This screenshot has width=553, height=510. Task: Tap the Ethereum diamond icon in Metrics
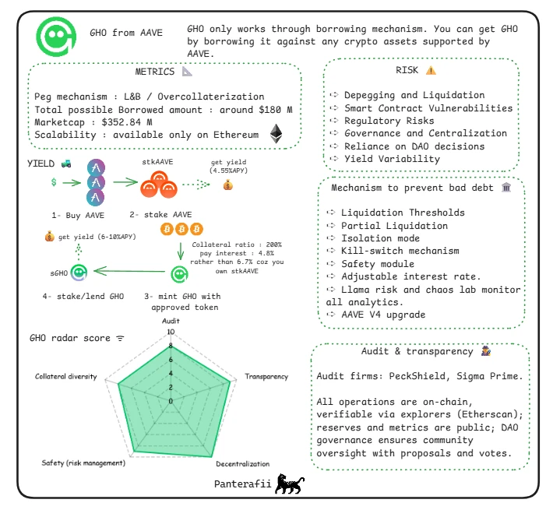tap(276, 133)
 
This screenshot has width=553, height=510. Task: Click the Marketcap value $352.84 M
tap(127, 122)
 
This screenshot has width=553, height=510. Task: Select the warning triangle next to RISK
tap(431, 70)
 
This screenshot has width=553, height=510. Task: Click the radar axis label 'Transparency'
tap(266, 377)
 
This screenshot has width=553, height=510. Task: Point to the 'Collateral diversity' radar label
tap(66, 377)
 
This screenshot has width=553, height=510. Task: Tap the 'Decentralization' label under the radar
tap(242, 464)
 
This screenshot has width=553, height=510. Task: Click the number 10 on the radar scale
tap(171, 332)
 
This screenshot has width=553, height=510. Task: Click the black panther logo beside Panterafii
tap(290, 484)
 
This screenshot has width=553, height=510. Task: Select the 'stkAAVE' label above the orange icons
tap(157, 163)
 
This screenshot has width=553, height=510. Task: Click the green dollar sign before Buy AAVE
tap(53, 182)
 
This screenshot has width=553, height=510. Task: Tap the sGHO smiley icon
tap(78, 273)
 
